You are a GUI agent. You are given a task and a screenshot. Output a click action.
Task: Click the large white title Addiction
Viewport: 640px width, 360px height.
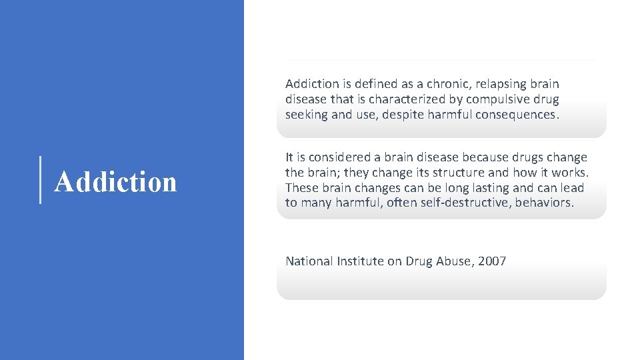point(115,181)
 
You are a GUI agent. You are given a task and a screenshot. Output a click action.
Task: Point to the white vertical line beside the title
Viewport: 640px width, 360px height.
point(41,179)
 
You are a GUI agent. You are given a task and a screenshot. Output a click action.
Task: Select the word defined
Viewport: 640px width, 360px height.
point(373,84)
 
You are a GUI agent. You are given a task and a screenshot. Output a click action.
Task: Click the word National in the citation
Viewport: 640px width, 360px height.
point(309,261)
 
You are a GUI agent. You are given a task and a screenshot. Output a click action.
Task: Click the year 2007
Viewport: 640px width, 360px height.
point(492,261)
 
